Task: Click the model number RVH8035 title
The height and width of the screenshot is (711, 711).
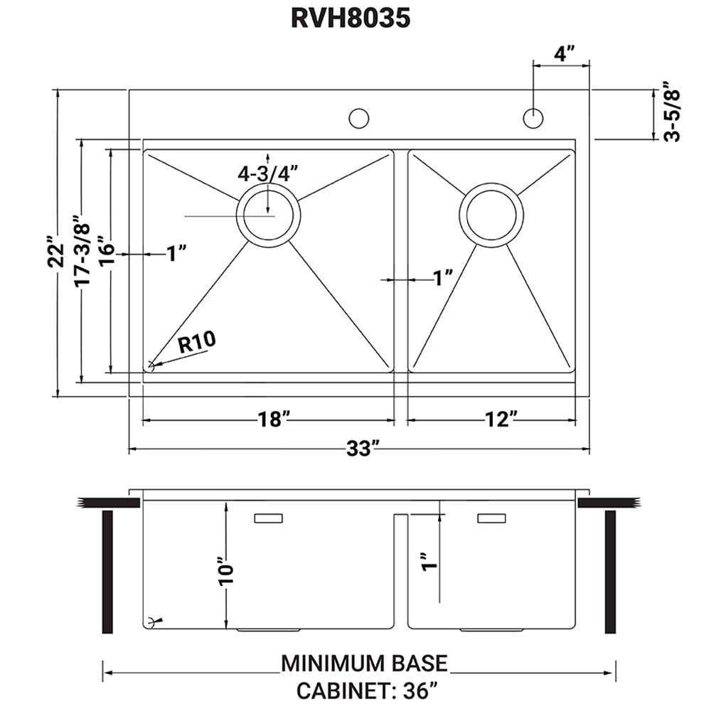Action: (351, 19)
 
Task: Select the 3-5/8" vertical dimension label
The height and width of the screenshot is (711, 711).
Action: (672, 114)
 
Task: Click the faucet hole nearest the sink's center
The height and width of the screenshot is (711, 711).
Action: (359, 118)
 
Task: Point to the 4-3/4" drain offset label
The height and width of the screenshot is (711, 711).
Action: (267, 173)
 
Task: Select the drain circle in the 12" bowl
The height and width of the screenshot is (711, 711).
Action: (491, 215)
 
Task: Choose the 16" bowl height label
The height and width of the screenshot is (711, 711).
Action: (107, 252)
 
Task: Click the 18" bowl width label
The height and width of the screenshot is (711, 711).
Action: (271, 420)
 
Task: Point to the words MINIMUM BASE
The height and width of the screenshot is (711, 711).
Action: (365, 663)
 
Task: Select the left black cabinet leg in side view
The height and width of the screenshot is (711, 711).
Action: (108, 572)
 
